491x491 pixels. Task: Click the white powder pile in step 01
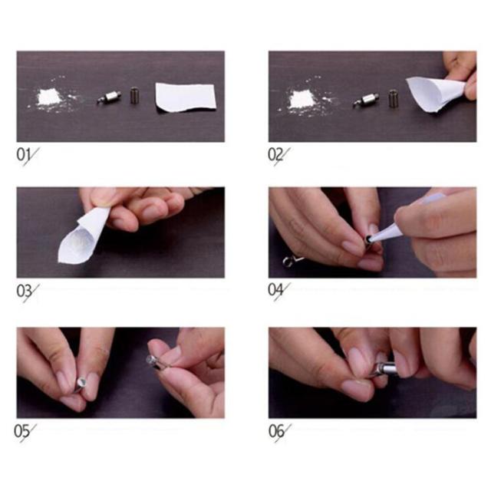[x=51, y=98]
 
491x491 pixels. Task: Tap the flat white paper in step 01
[x=186, y=97]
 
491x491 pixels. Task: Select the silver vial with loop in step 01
[x=109, y=97]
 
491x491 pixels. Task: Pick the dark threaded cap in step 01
[x=134, y=95]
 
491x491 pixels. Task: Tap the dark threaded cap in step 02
[x=393, y=98]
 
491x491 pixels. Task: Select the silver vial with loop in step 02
[x=367, y=101]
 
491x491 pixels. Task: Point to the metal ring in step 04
[x=287, y=262]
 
